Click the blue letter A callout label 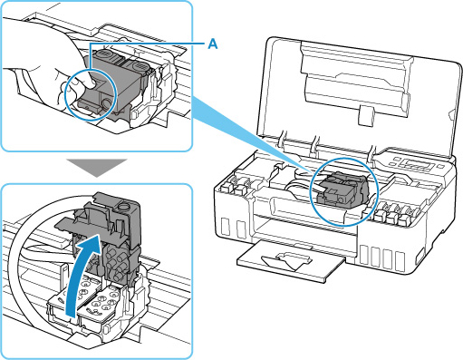(x=212, y=44)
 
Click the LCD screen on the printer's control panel (x=420, y=164)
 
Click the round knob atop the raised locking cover (x=123, y=206)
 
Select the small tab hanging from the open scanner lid (x=366, y=115)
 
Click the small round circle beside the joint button (x=107, y=104)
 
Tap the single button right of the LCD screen (x=441, y=166)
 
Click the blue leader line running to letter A (x=148, y=44)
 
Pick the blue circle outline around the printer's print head (x=343, y=191)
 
